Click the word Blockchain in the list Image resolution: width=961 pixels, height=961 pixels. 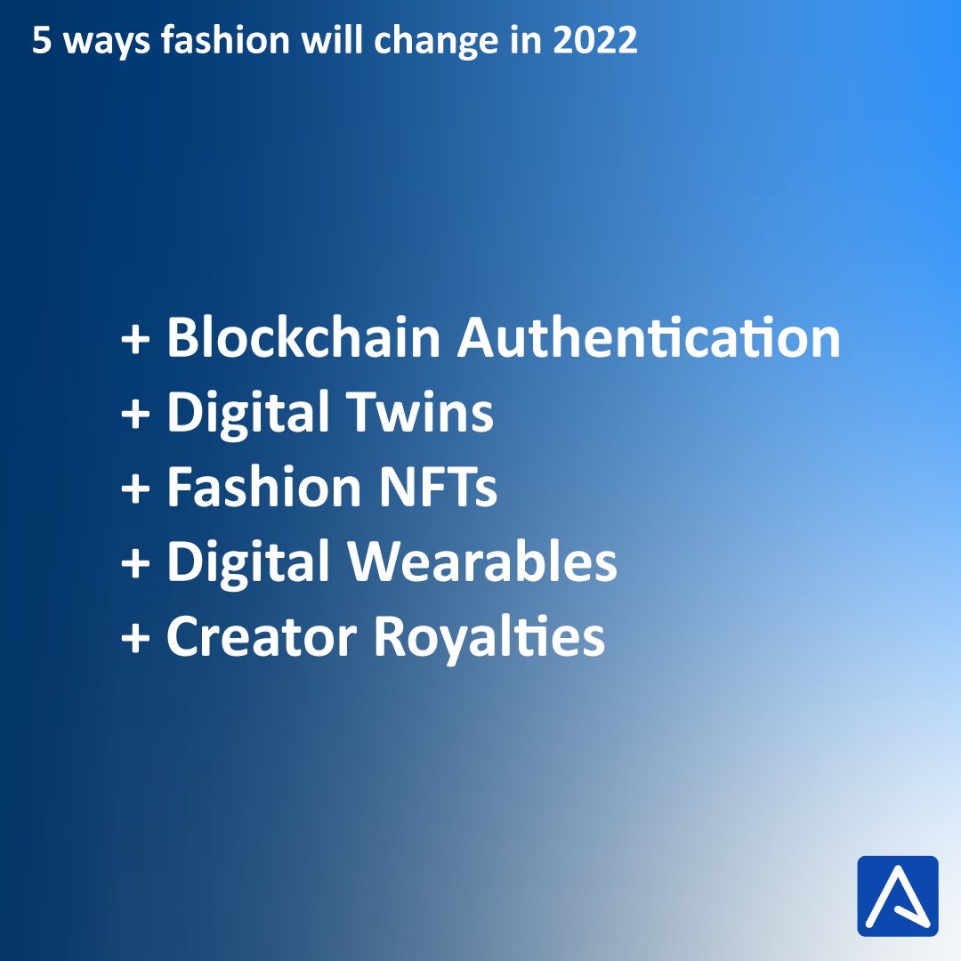303,338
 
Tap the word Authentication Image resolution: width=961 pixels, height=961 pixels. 649,338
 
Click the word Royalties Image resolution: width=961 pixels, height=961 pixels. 489,637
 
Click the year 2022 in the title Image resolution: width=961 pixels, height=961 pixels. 598,42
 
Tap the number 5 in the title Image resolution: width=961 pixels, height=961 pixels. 40,42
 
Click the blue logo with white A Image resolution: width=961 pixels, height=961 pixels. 897,896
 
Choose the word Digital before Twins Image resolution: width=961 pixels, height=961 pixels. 246,413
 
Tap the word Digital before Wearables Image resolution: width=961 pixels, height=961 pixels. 246,562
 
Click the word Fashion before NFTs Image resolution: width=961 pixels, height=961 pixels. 263,488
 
